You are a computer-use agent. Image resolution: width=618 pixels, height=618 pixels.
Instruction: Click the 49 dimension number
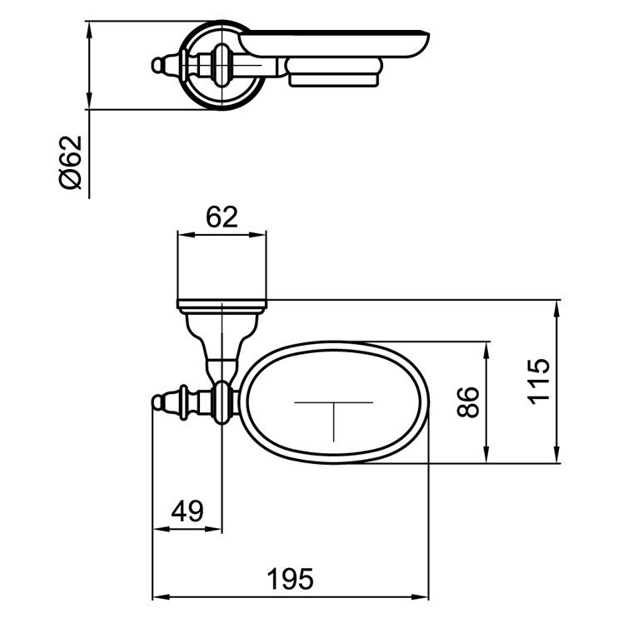[187, 511]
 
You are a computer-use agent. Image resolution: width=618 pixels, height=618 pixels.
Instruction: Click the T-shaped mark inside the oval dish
[335, 412]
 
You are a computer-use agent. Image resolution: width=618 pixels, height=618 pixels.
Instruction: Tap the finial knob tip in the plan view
[157, 403]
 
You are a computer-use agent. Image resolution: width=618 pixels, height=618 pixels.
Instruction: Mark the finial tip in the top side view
[154, 65]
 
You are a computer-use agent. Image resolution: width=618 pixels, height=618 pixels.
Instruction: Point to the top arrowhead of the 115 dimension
[556, 306]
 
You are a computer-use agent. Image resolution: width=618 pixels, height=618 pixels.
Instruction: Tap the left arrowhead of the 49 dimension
[157, 530]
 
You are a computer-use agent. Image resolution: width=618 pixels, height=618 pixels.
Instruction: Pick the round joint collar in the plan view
[222, 401]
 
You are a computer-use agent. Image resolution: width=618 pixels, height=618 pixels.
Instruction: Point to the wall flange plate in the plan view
[222, 304]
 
